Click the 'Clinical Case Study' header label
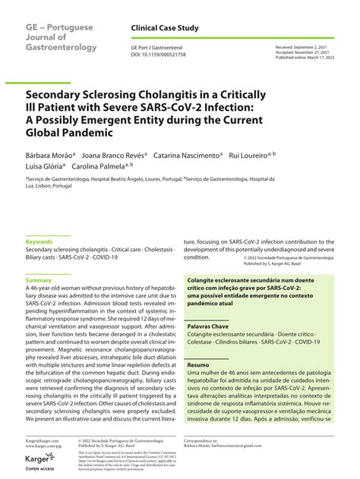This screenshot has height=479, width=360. tap(165, 28)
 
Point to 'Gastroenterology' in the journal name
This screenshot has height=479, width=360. tap(60, 47)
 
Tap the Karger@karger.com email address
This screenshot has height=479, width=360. tap(41, 440)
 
